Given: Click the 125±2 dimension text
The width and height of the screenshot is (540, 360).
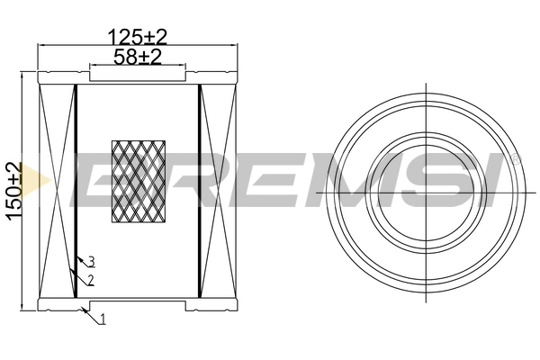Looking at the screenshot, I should coord(138,37).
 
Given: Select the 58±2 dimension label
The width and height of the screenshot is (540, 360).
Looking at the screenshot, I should coord(138,57).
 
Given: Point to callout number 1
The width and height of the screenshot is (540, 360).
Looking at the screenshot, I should coord(103,319).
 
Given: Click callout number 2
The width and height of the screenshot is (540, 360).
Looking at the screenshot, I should coord(91,281).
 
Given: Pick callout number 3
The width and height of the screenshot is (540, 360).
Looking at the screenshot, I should coord(91,262).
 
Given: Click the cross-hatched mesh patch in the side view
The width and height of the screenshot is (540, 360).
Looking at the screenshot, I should coord(138,180).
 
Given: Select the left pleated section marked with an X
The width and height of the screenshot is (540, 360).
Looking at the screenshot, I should coord(58,193).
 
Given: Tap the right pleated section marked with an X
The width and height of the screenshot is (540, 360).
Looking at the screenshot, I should coord(218,193).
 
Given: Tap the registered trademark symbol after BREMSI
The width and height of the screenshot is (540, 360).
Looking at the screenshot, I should coord(516,158).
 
